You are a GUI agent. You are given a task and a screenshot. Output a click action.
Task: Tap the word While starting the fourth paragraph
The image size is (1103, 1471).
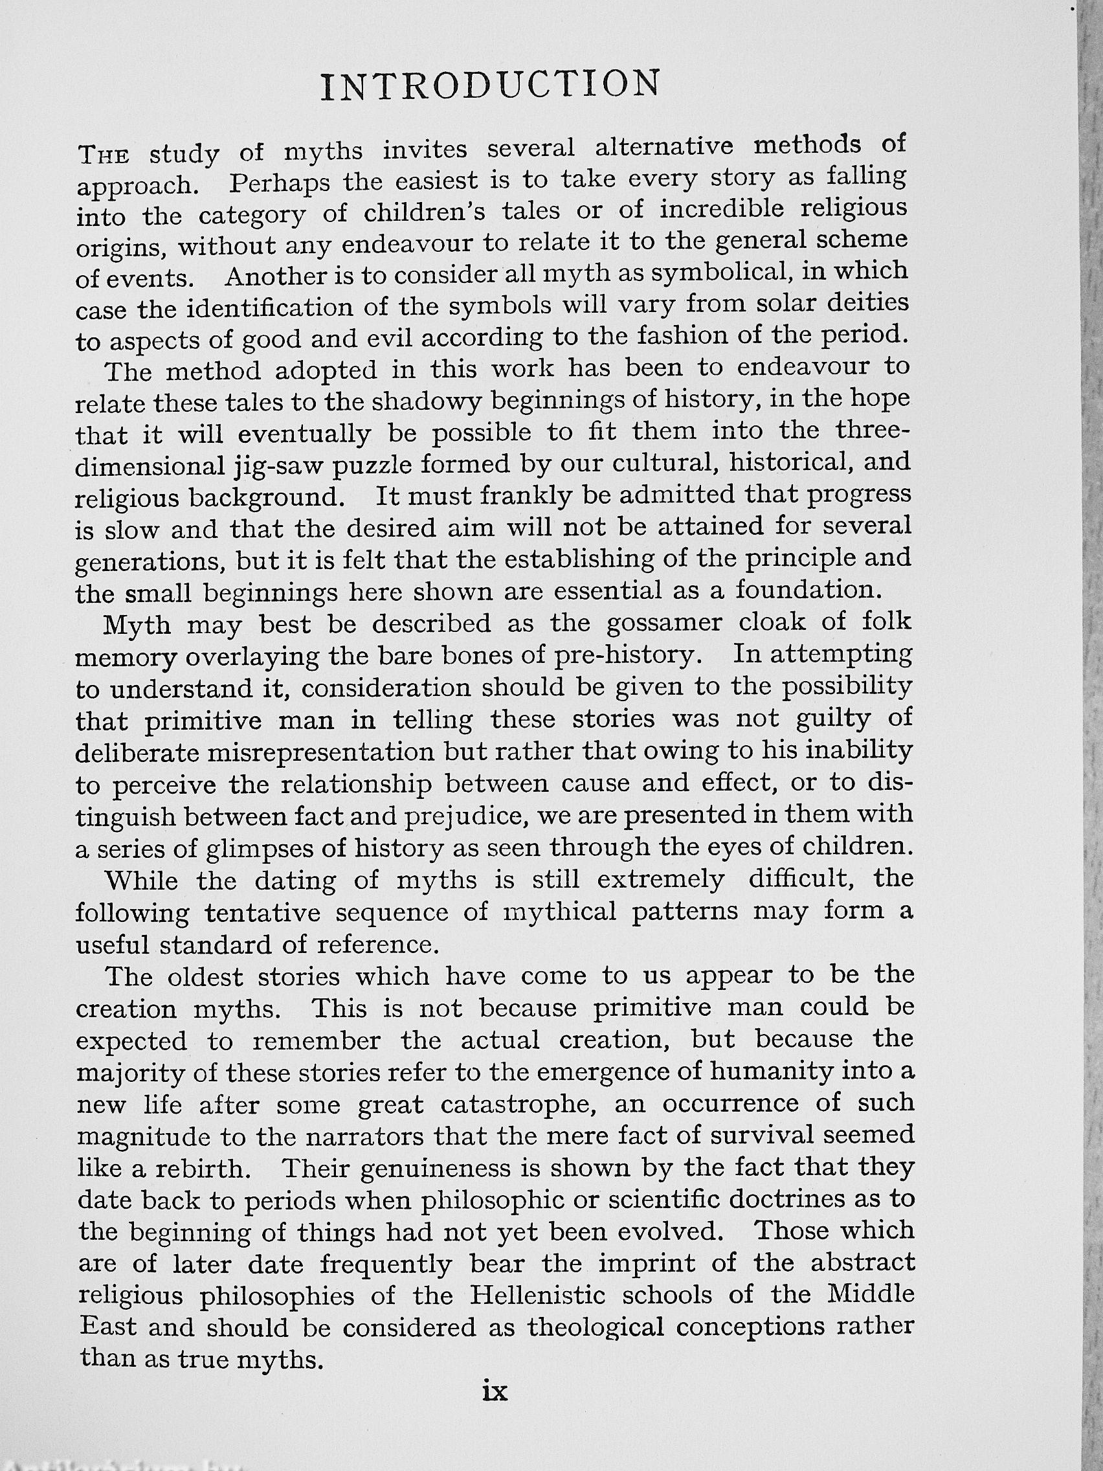tap(142, 881)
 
